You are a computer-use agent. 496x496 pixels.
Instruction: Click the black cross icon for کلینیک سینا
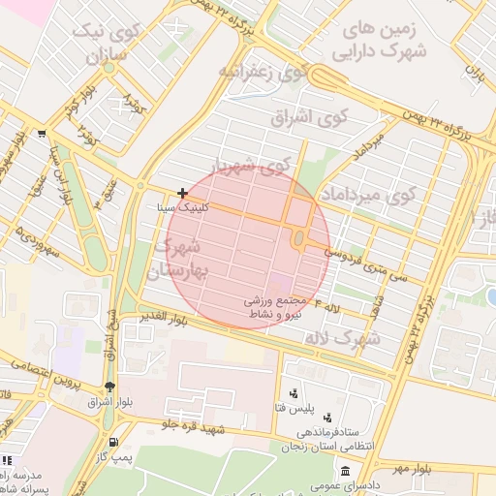(182, 194)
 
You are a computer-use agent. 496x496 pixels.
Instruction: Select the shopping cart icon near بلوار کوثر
(41, 135)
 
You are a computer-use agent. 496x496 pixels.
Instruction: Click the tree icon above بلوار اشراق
(113, 386)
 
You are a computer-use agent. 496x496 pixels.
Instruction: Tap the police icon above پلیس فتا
(293, 393)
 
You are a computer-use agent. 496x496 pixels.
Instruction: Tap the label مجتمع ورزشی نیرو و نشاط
(276, 307)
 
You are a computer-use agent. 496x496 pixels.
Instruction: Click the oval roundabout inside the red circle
(298, 238)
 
